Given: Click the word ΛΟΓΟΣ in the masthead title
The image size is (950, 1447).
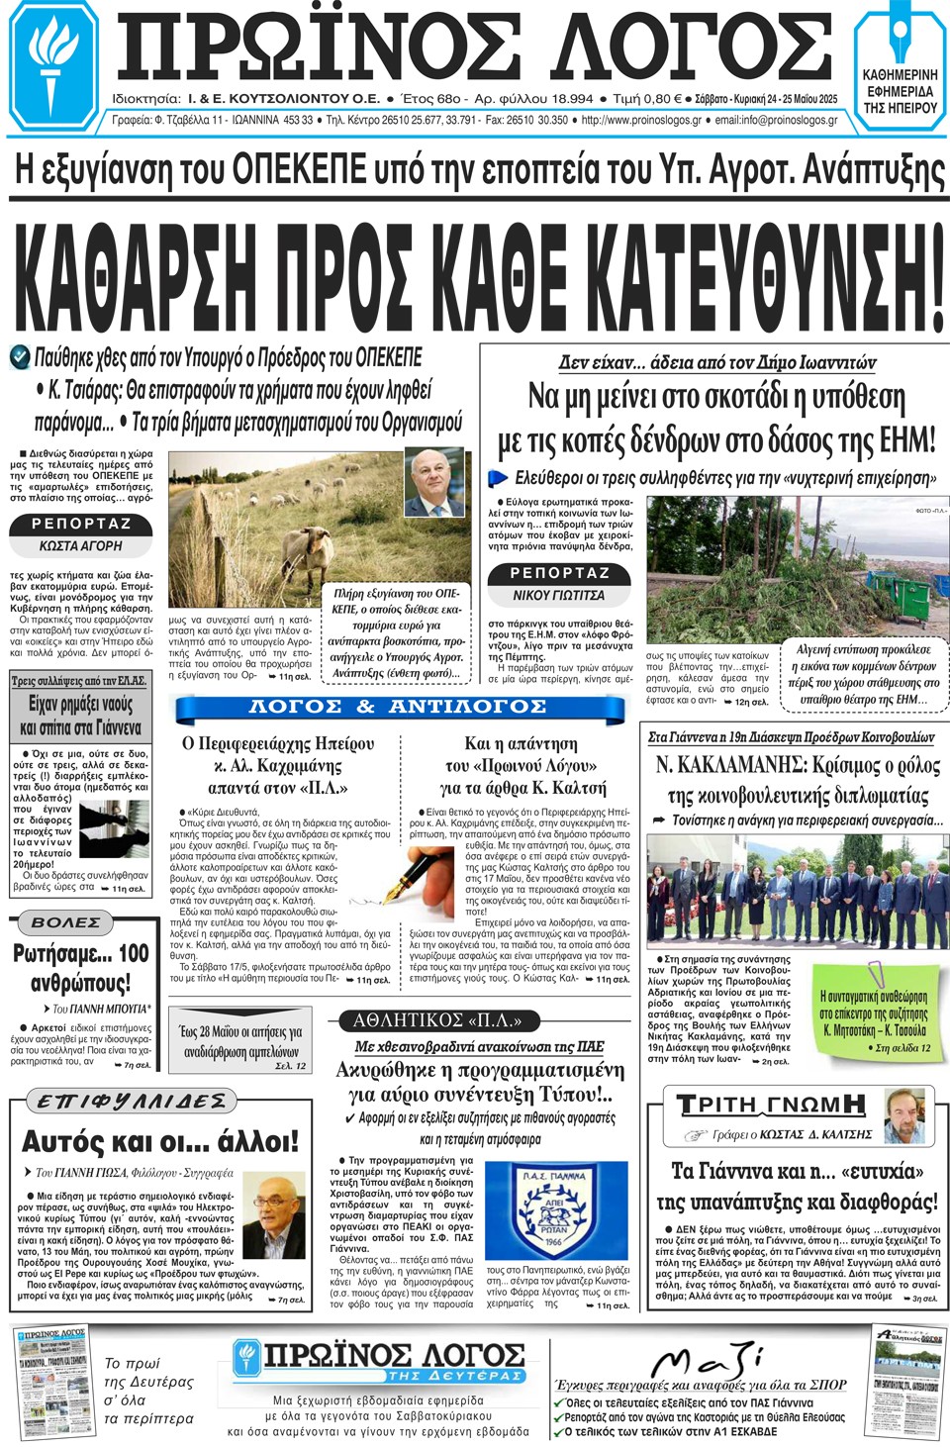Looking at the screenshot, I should click(692, 49).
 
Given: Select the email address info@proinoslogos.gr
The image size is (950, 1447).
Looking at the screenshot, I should click(776, 120).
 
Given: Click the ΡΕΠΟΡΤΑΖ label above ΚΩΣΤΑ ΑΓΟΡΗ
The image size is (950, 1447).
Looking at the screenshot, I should click(81, 523).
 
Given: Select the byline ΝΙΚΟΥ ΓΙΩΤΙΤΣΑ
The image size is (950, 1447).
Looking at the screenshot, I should click(559, 595).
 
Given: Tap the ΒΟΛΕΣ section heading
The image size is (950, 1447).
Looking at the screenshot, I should click(66, 922).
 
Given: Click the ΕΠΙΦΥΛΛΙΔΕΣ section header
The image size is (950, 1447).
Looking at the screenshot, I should click(131, 1101).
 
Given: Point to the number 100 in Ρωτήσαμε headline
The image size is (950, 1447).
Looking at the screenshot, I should click(134, 954).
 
